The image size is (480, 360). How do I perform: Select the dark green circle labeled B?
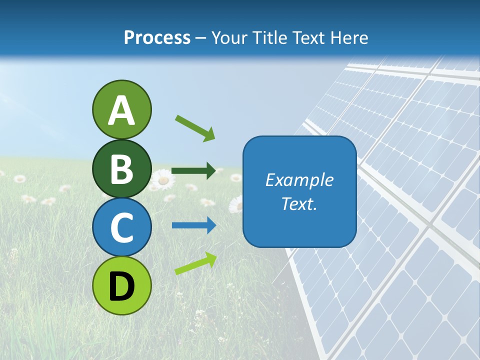click(x=121, y=168)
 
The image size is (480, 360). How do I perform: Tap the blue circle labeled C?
click(x=121, y=227)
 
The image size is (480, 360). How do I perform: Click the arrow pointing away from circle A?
click(x=195, y=128)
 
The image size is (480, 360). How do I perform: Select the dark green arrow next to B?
click(x=194, y=171)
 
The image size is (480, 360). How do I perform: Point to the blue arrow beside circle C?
click(x=194, y=225)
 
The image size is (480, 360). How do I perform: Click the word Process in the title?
click(x=157, y=37)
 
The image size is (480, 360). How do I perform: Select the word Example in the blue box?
click(x=299, y=180)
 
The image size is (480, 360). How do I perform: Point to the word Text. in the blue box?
click(x=299, y=204)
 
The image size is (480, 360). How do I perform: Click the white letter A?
click(x=121, y=110)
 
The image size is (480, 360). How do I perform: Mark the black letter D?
click(x=121, y=286)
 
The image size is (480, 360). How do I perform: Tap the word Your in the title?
click(x=229, y=37)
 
